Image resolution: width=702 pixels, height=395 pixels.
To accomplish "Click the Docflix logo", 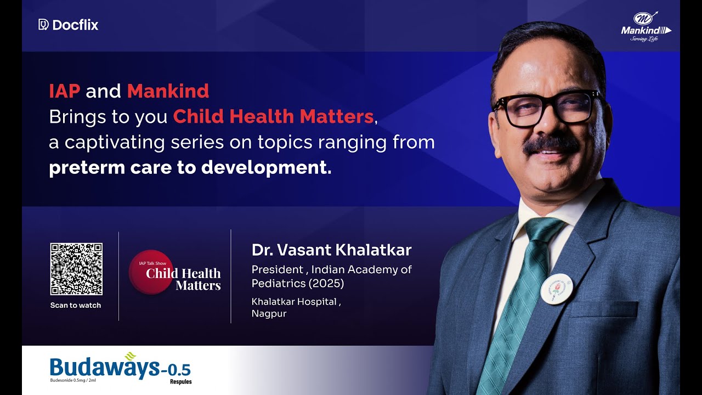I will coord(69,25).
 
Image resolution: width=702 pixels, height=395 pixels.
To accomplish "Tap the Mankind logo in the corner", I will coord(646,26).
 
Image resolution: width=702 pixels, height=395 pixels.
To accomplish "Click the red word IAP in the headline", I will coord(64,91).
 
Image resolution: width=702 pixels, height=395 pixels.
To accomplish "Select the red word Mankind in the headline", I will coord(168,91).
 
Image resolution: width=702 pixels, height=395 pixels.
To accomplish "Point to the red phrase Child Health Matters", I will coord(273,116).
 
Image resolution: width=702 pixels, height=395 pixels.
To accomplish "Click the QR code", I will coord(76,269).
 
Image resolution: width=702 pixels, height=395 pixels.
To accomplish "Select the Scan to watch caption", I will coord(76,306).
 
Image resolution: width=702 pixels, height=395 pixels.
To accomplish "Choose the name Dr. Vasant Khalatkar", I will coord(331,250).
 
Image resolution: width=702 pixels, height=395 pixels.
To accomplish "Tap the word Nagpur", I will coord(269,314).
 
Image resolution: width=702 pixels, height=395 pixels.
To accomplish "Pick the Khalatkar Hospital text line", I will coord(296,302).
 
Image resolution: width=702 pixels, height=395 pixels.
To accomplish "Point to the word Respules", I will coord(180,382).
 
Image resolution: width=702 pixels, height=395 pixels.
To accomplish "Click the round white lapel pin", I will coord(556,289).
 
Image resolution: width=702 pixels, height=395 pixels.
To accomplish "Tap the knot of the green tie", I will coord(543,230).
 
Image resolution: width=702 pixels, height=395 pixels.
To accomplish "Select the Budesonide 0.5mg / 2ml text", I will coord(75,380).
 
